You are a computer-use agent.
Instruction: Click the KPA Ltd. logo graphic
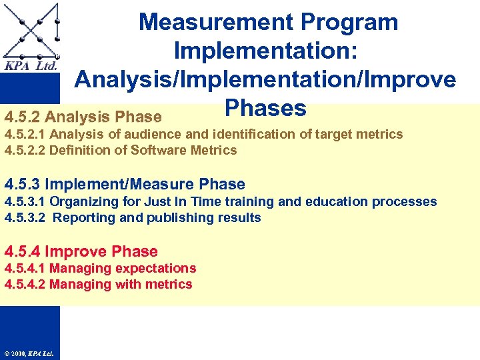coord(31,37)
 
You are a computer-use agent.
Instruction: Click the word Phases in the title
coord(265,108)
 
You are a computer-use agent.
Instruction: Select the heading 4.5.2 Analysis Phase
coord(83,117)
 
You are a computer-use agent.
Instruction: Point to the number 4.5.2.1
coord(25,135)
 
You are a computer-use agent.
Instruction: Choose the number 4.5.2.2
coord(25,150)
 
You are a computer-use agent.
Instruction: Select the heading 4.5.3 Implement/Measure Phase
coord(125,184)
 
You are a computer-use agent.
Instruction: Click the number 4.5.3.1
coord(25,201)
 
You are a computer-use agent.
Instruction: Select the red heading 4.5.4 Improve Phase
coord(81,251)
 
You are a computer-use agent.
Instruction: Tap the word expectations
coord(155,268)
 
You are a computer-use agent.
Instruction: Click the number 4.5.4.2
coord(25,285)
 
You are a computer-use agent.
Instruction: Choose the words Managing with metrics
coord(121,285)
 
